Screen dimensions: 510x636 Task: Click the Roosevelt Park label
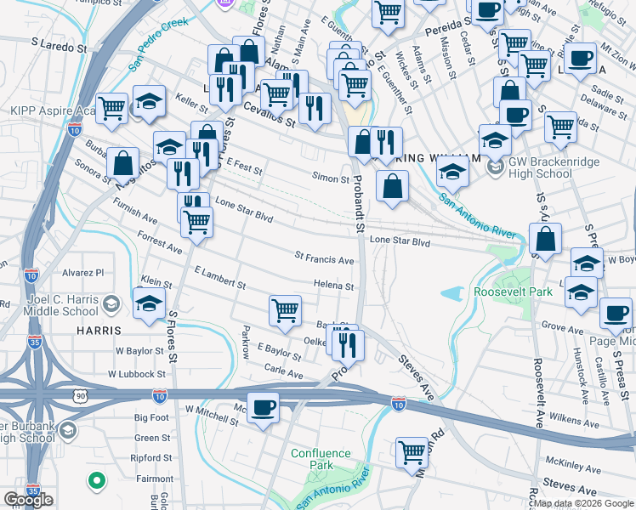(x=513, y=292)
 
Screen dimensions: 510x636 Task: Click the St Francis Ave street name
(x=324, y=258)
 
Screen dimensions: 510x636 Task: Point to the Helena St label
(x=333, y=286)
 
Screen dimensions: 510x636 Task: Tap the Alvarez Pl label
(x=82, y=273)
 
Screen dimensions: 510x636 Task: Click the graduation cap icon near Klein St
(x=149, y=302)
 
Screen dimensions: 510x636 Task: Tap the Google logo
(x=28, y=500)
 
